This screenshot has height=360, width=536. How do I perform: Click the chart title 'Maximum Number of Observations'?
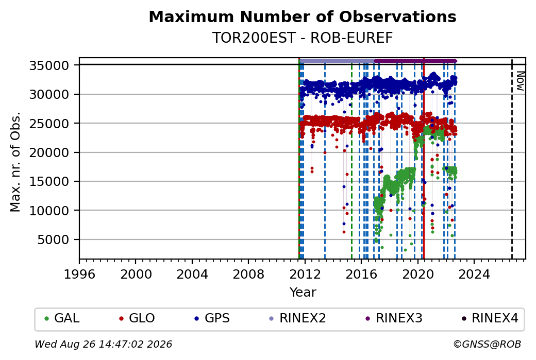[303, 16]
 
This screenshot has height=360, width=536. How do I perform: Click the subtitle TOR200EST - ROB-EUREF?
[303, 38]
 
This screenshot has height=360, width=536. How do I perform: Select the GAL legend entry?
[62, 318]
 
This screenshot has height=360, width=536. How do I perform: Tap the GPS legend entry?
[212, 318]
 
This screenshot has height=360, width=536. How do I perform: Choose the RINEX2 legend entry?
[298, 318]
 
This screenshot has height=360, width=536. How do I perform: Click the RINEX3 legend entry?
[394, 318]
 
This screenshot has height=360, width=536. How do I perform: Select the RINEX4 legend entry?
[490, 318]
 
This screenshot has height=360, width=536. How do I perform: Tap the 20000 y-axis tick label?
[49, 152]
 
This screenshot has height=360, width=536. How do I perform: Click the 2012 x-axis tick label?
[305, 275]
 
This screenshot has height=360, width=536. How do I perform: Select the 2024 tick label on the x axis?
[474, 275]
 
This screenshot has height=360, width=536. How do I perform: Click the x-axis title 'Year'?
[303, 293]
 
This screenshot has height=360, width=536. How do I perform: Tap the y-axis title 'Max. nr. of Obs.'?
[15, 162]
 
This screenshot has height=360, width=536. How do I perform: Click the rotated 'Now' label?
[520, 81]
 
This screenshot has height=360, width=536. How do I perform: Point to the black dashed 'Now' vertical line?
[512, 159]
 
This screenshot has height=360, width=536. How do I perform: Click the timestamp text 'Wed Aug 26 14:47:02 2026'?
[103, 344]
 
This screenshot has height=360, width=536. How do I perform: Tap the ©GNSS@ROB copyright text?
[487, 344]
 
